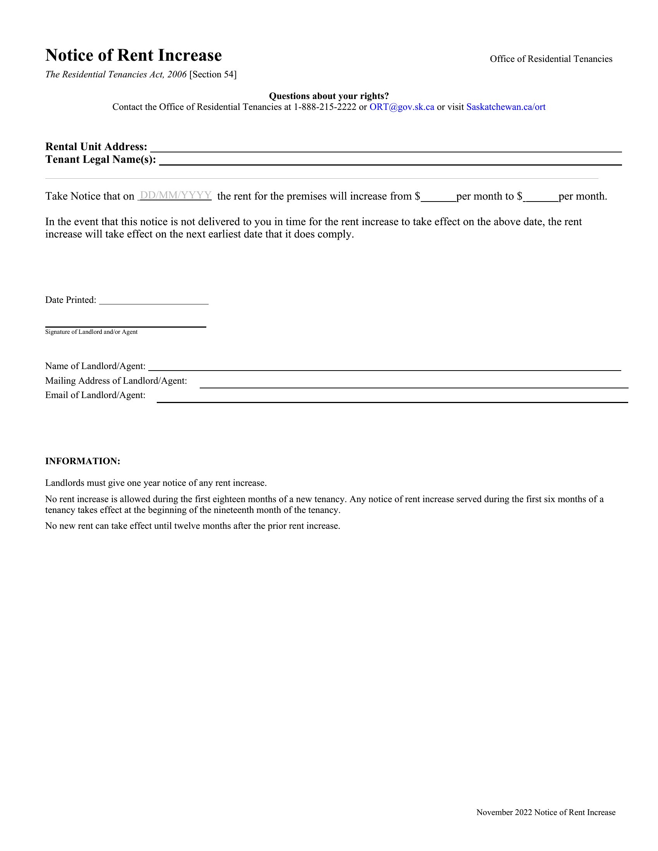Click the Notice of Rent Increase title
(x=133, y=55)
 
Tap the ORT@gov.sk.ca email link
(x=401, y=107)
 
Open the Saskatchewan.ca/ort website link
(x=505, y=107)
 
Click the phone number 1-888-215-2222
(x=325, y=107)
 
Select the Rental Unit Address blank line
(x=386, y=148)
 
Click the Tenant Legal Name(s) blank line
(x=390, y=161)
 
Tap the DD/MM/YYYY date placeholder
(x=175, y=195)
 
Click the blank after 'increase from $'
(x=438, y=197)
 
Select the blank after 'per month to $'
(x=541, y=197)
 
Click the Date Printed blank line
(x=154, y=301)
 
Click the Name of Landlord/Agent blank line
(x=384, y=367)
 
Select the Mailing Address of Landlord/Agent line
(x=414, y=384)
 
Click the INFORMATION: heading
(x=83, y=461)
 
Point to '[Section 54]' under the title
(x=213, y=74)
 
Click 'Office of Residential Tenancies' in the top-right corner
(x=551, y=59)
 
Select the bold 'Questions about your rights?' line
(x=329, y=96)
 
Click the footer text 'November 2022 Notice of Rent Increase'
(x=546, y=812)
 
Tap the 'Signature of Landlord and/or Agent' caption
(x=91, y=332)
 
